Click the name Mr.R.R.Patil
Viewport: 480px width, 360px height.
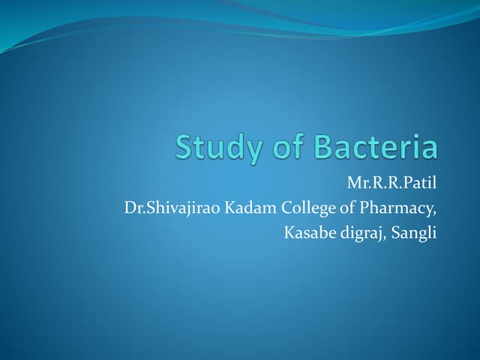pyautogui.click(x=391, y=183)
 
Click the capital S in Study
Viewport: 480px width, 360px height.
pyautogui.click(x=184, y=147)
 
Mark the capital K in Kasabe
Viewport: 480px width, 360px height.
pyautogui.click(x=289, y=232)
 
